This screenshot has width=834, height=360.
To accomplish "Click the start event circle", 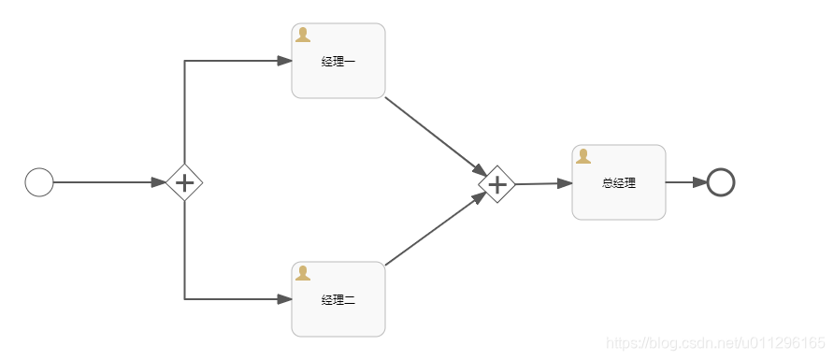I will (x=38, y=182).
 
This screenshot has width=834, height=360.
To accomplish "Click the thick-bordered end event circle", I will (x=721, y=182).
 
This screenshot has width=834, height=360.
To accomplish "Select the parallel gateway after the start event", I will (x=185, y=182).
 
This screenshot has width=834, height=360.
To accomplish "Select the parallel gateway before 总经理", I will (x=497, y=184).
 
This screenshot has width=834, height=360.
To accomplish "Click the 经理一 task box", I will (x=338, y=75).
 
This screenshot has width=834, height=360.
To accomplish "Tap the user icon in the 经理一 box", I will (x=303, y=35).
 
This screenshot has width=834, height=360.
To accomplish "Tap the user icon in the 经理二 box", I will (x=303, y=273).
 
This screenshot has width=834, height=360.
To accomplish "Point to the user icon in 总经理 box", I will (x=583, y=156).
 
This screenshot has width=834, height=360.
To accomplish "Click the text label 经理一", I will (x=338, y=62).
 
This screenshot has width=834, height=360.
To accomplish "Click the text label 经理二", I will (x=338, y=300).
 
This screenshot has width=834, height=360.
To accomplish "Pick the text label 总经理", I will (x=619, y=183).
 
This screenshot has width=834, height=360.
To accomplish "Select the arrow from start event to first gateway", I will (x=108, y=182).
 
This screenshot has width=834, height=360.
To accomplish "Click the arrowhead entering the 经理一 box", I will (x=285, y=61).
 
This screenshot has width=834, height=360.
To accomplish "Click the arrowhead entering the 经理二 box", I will (x=285, y=299).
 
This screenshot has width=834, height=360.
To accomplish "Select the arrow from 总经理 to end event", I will (x=685, y=182).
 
